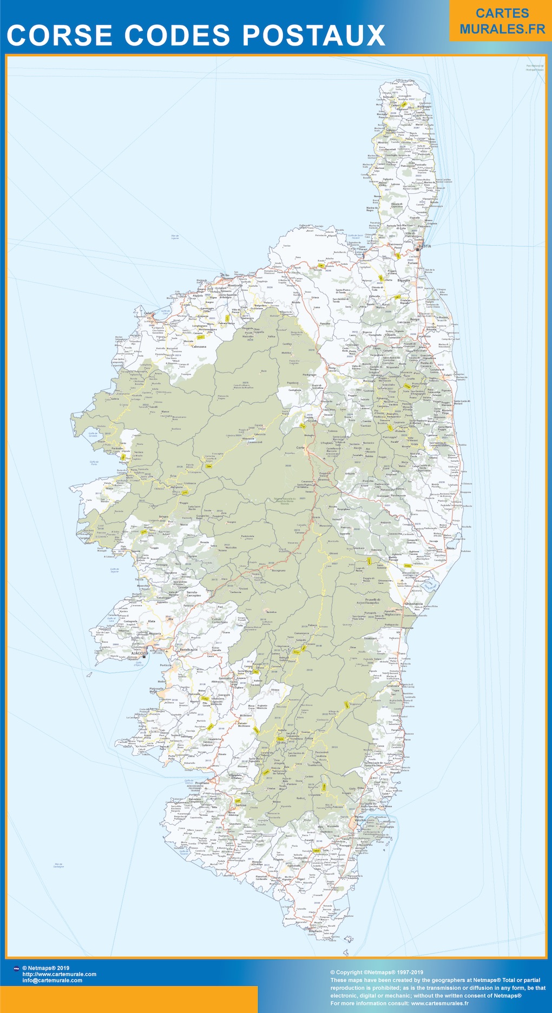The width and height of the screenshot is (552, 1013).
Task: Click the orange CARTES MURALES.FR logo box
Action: [x=502, y=22]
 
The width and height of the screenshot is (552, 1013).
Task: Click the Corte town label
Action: [x=300, y=448]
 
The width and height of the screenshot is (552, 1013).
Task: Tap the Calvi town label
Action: [x=148, y=313]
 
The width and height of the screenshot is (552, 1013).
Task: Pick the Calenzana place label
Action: [x=197, y=347]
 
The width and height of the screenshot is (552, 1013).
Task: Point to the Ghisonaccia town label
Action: [x=413, y=604]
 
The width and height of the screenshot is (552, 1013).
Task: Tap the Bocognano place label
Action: [x=278, y=571]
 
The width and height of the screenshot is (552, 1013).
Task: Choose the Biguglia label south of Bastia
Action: [x=404, y=280]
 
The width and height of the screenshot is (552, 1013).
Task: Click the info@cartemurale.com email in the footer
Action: [x=52, y=980]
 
